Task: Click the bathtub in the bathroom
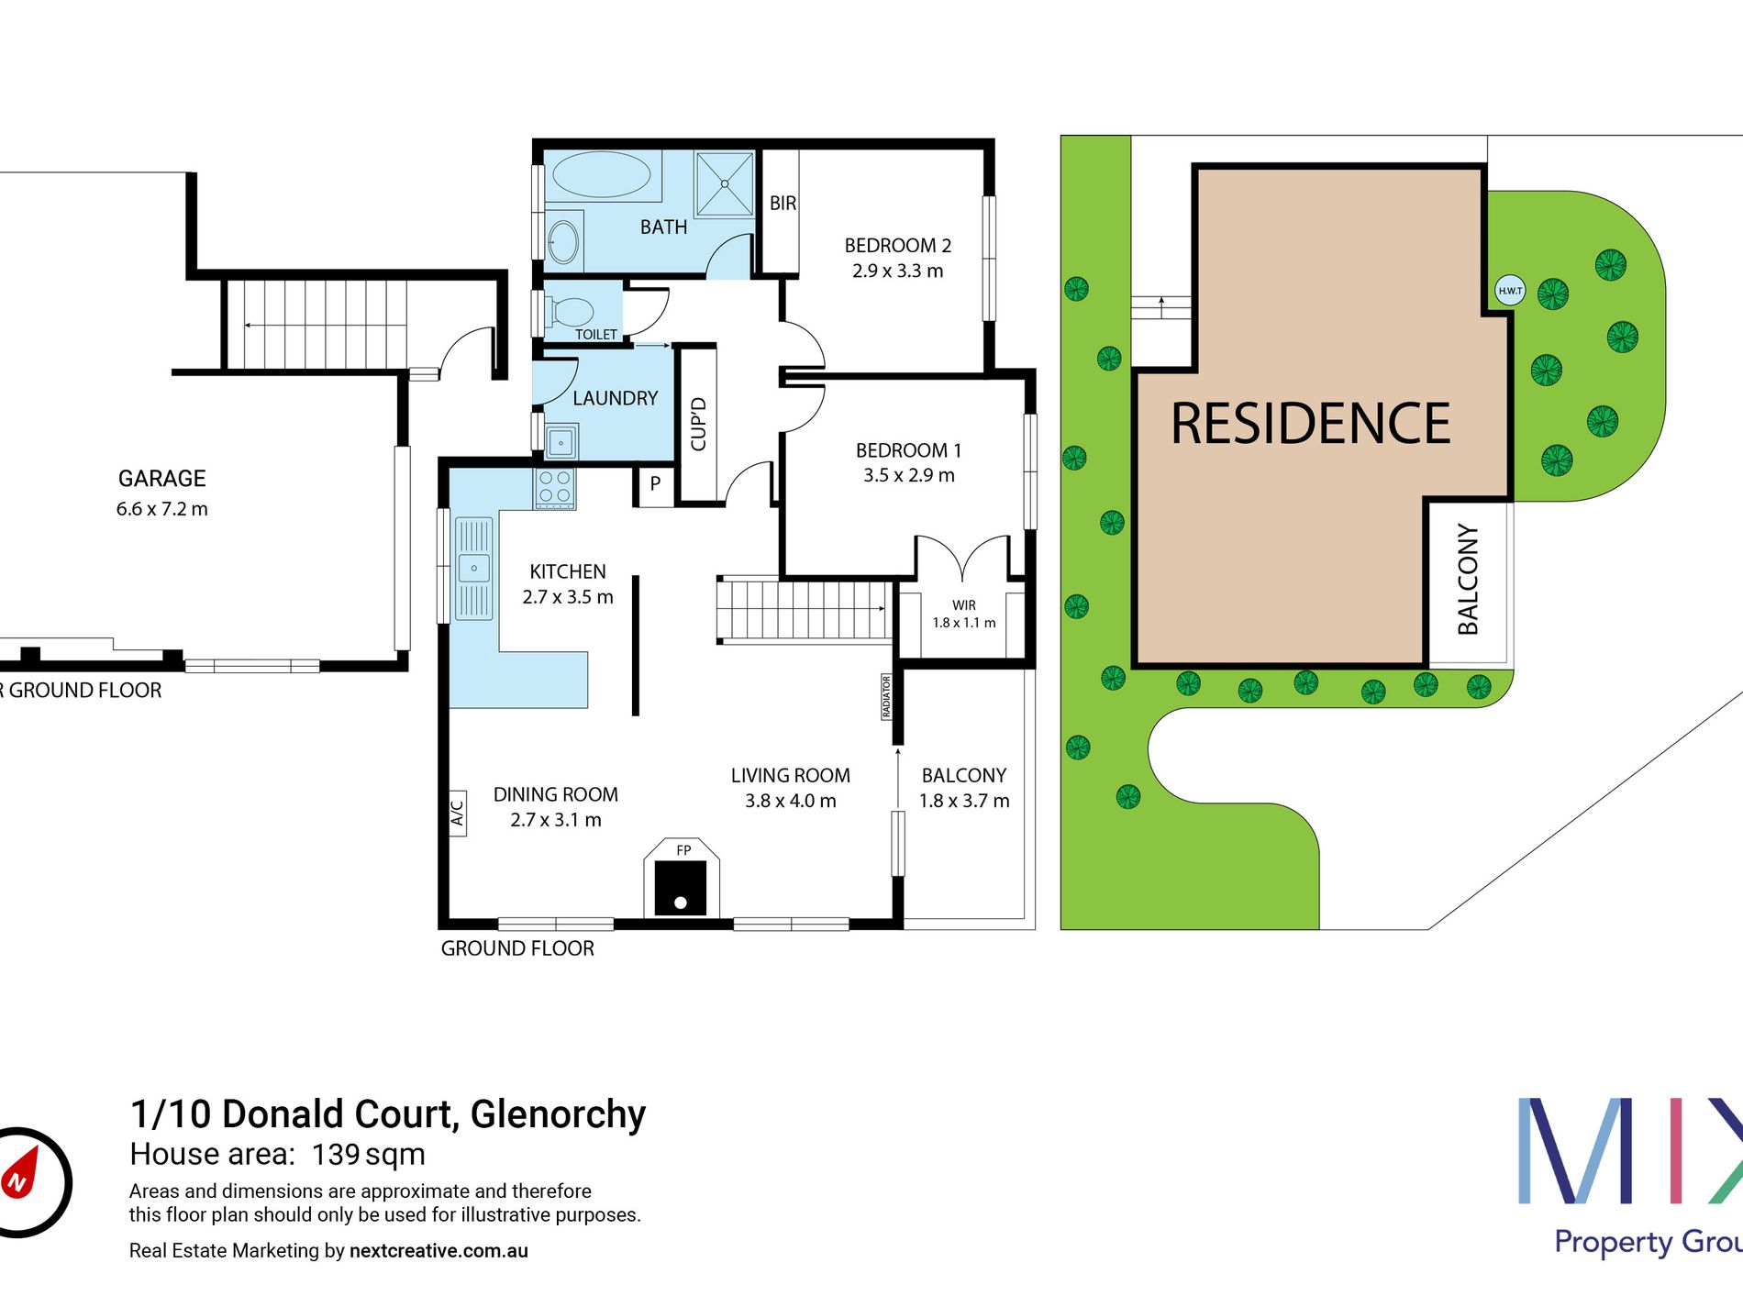pos(602,174)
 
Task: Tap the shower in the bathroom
pos(724,183)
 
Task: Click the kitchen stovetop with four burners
pos(555,487)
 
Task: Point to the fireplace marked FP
pos(682,878)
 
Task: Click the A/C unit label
pos(458,814)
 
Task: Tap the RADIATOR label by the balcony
pos(886,697)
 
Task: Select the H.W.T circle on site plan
pos(1510,291)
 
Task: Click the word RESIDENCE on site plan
pos(1311,424)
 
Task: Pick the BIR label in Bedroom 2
pos(783,204)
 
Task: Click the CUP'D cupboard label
pos(698,424)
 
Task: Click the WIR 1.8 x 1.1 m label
pos(964,614)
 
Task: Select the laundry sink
pos(561,442)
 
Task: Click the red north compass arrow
pos(20,1173)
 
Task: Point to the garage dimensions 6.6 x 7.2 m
pos(162,509)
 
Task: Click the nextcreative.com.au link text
pos(439,1251)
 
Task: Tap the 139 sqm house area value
pos(369,1155)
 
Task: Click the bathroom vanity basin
pos(563,242)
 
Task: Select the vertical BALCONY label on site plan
pos(1469,580)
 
